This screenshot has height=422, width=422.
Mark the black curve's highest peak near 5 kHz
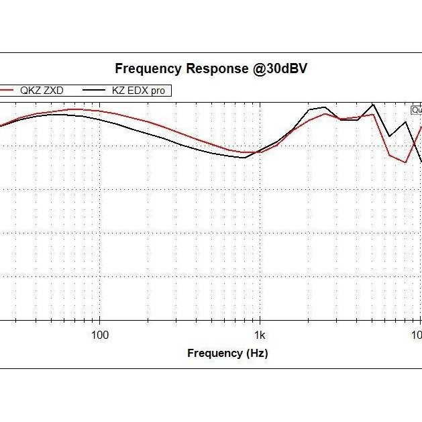[374, 104]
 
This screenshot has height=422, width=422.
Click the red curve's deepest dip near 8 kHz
[405, 162]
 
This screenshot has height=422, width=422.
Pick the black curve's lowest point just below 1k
[243, 158]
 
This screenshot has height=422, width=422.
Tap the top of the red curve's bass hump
[74, 109]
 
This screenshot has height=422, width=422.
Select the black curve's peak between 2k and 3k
[324, 107]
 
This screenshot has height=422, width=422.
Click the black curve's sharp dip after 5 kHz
[390, 137]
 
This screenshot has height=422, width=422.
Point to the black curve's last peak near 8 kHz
[405, 123]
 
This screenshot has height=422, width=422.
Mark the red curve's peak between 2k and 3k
[325, 114]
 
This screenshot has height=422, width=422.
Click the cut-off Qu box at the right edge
[417, 110]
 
